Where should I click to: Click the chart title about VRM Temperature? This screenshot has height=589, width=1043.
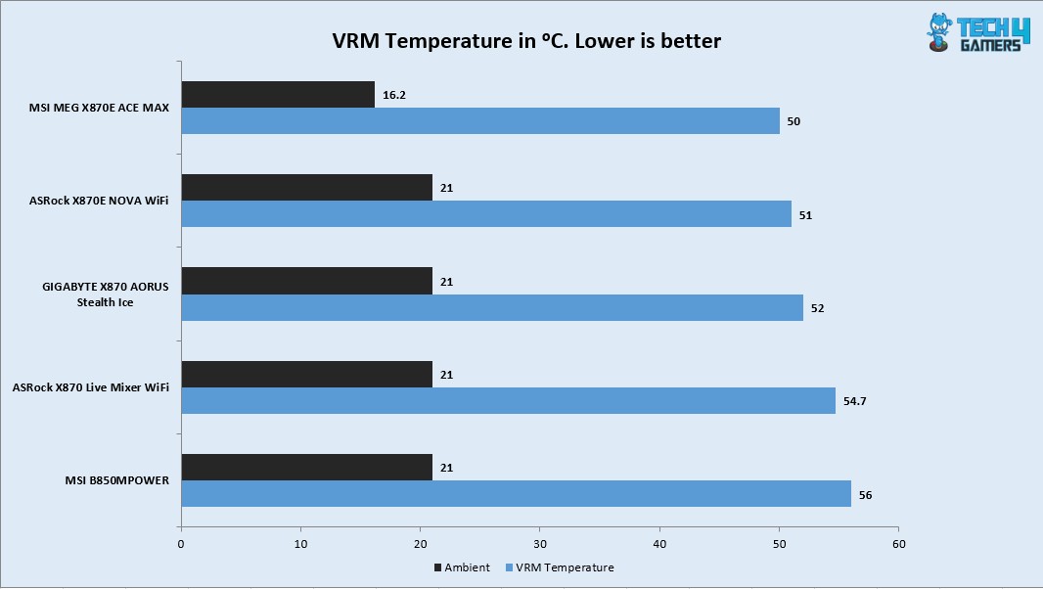tap(527, 41)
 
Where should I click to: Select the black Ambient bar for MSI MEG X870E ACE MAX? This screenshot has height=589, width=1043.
tap(278, 95)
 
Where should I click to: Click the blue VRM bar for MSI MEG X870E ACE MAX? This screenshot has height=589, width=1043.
tap(480, 121)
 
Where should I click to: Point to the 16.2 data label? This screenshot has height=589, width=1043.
tap(393, 96)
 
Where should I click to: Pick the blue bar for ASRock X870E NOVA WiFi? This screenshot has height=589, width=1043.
tap(486, 214)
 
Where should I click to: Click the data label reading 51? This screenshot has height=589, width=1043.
tap(805, 215)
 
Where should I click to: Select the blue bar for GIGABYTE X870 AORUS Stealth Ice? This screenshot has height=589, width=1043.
tap(492, 307)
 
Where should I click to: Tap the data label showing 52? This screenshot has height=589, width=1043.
tap(817, 308)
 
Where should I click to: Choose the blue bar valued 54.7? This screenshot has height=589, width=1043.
tap(509, 400)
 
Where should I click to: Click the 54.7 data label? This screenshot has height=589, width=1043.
tap(853, 401)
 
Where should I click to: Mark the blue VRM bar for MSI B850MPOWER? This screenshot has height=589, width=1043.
tap(516, 494)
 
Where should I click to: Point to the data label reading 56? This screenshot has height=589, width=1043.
tap(865, 495)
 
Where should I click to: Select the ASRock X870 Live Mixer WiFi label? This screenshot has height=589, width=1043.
tap(91, 387)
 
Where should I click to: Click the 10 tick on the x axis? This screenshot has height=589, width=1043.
tap(300, 543)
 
